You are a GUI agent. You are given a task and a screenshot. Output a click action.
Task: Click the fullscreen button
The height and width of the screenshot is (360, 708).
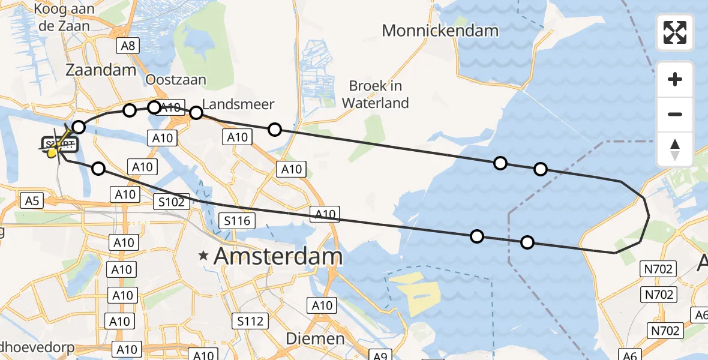coord(675,32)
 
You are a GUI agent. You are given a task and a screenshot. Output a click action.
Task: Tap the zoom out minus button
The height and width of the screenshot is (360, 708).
coord(675,114)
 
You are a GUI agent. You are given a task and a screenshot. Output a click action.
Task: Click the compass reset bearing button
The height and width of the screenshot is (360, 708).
coord(675,149)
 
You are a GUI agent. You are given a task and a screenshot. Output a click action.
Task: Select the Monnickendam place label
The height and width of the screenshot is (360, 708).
coord(440,31)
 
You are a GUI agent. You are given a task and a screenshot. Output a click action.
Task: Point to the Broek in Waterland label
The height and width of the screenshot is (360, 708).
coord(376,94)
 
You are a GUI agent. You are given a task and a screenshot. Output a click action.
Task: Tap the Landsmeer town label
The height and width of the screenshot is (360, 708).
coord(238,104)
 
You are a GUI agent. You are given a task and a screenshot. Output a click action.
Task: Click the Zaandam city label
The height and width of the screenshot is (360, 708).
coord(101,70)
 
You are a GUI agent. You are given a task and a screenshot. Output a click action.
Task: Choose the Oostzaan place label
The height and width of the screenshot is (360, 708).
coord(176,79)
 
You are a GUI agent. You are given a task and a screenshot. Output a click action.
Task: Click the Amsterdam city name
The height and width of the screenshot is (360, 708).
coord(278,257)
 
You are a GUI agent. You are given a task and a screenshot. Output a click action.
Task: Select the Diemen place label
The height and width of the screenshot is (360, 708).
coord(315,338)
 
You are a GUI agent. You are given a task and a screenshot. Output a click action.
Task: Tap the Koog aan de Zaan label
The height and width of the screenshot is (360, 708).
coord(62,17)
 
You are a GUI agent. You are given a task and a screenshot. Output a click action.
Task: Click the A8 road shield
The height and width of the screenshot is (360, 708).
coord(129,46)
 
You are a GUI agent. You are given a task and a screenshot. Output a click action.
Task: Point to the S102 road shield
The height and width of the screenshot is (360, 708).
coord(172,202)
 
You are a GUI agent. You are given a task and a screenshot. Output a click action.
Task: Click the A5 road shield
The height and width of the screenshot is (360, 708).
coord(32,200)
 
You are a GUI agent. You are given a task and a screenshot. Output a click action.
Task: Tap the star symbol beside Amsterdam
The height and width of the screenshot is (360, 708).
coord(205,256)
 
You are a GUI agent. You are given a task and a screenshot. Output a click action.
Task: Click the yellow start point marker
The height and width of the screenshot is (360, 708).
coord(52,152)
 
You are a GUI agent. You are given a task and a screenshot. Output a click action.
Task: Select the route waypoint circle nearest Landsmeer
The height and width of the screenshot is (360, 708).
coord(196,112)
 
